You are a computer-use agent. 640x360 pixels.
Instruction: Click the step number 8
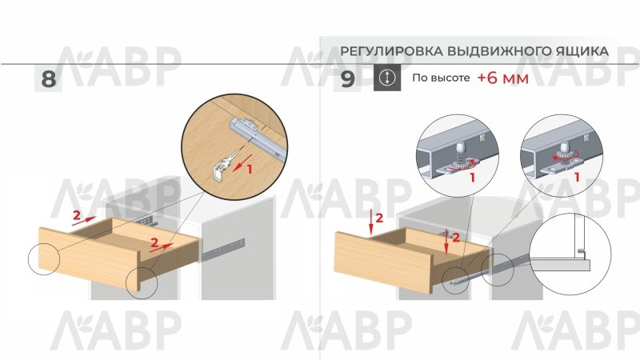(x=49, y=78)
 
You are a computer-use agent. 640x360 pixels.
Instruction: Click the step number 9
(x=348, y=78)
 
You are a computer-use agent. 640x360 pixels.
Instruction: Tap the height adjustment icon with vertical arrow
(x=387, y=78)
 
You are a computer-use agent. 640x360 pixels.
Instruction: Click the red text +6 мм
(x=503, y=78)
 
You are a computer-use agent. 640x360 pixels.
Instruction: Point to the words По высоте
(x=441, y=78)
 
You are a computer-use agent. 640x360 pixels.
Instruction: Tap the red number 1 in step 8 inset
(x=250, y=169)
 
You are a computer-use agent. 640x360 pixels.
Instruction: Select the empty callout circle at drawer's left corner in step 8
(x=44, y=259)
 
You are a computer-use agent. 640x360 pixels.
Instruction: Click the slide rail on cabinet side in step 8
(x=223, y=249)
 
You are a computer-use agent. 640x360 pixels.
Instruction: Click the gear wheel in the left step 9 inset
(x=461, y=162)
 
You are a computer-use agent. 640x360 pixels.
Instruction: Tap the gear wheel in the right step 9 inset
(x=566, y=155)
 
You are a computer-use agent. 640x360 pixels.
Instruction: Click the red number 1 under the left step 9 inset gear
(x=472, y=178)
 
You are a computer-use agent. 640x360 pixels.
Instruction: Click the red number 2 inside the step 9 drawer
(x=455, y=237)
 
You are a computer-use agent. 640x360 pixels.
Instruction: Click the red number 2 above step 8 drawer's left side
(x=76, y=215)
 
